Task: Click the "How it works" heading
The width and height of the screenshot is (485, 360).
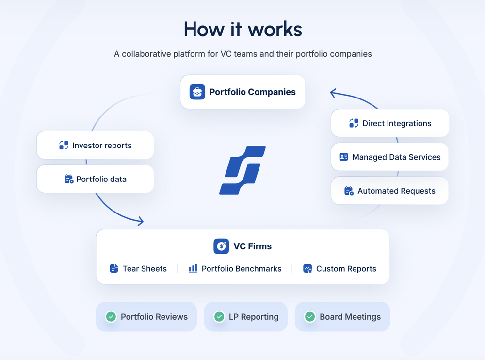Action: tap(242, 30)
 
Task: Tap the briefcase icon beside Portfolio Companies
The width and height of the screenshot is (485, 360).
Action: tap(197, 92)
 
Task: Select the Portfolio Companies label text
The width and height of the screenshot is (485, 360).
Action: tap(252, 92)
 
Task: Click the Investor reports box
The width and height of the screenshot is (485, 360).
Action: tap(95, 145)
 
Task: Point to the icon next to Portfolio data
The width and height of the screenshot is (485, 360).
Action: tap(69, 179)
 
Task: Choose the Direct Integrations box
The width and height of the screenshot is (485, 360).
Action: tap(390, 123)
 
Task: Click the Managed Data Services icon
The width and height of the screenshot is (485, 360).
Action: tap(344, 157)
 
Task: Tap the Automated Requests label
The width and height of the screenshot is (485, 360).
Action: tap(396, 191)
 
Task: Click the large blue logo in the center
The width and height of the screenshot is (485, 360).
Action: tap(242, 170)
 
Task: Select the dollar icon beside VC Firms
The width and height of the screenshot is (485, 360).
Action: tap(221, 246)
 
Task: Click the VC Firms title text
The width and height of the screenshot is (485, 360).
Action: tap(252, 246)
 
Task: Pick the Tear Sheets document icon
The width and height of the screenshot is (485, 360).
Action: tap(114, 268)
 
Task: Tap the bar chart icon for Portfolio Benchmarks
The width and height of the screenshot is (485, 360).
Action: tap(193, 268)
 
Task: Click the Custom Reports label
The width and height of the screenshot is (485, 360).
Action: tap(346, 268)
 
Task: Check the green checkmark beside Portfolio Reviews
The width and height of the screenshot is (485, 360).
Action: tap(111, 317)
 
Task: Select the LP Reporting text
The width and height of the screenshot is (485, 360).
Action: tap(254, 317)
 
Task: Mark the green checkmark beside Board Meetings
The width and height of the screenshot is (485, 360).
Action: tap(310, 317)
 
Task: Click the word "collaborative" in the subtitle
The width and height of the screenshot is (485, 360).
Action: tap(146, 54)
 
